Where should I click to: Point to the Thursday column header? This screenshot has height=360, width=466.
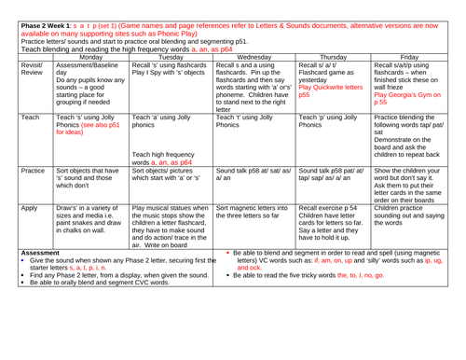(354, 57)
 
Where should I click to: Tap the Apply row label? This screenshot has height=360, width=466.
(17, 253)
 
